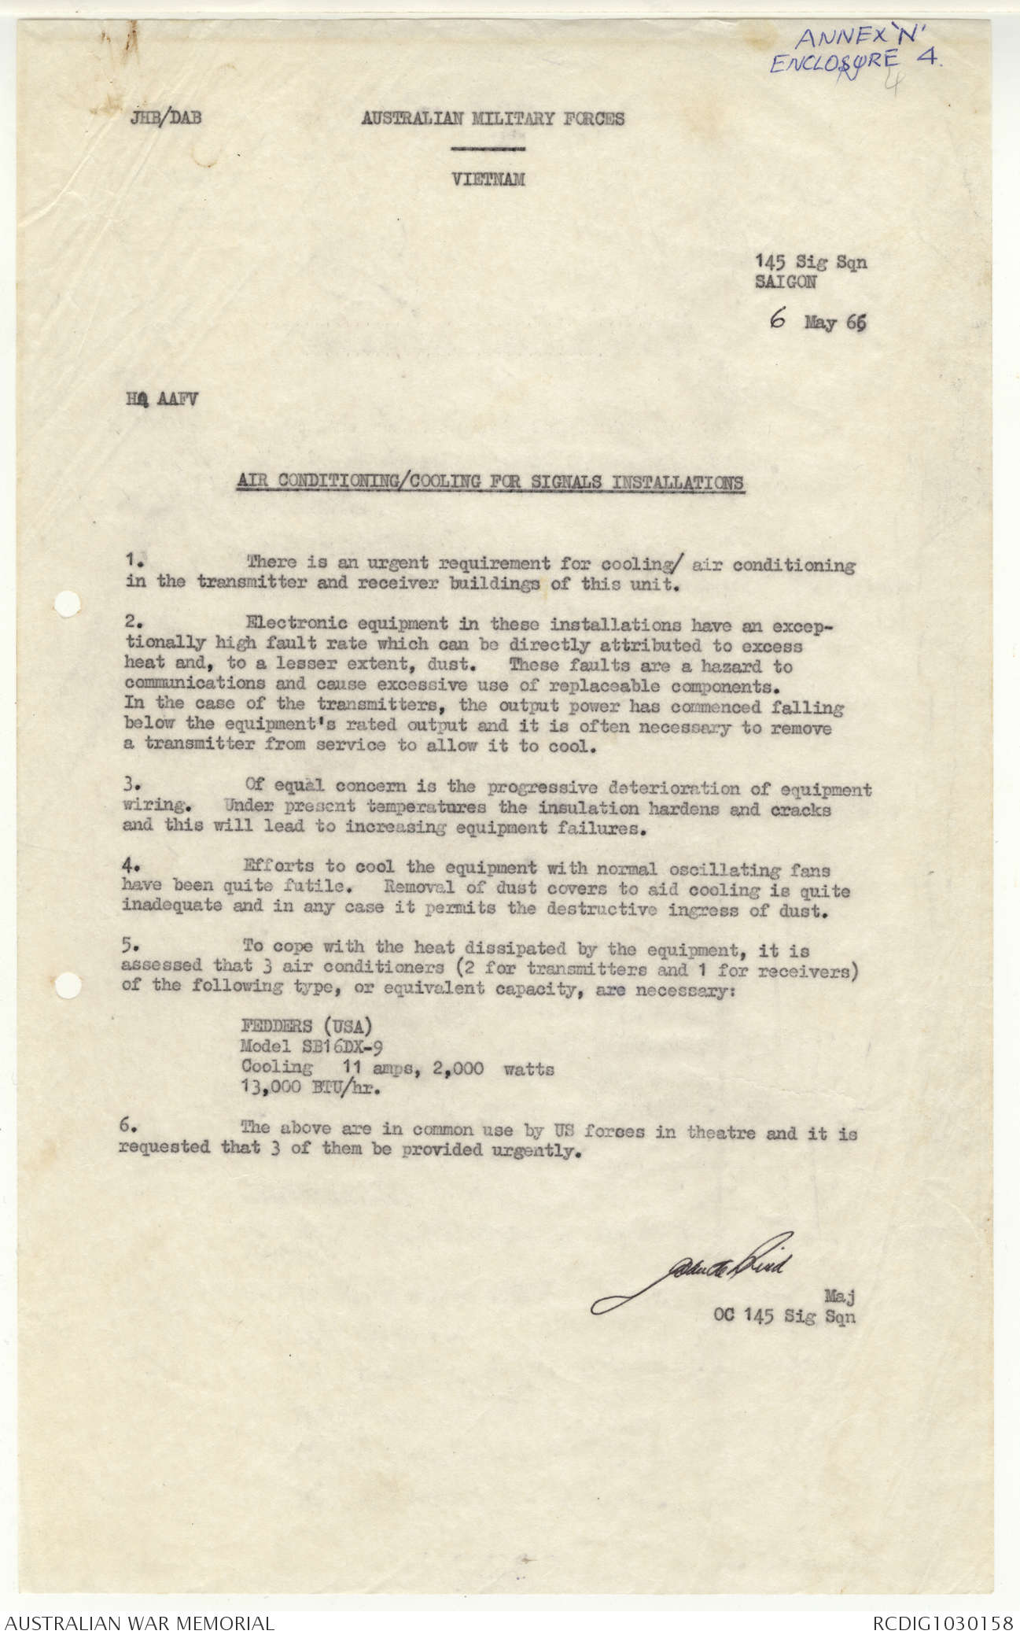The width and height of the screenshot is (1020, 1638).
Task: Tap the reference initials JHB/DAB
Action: click(166, 119)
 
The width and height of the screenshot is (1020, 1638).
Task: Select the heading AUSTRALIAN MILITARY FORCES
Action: click(492, 119)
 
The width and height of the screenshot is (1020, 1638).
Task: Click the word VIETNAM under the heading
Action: click(488, 180)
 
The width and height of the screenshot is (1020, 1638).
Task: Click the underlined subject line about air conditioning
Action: click(490, 482)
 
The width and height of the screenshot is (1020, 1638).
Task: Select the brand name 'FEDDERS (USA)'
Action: click(307, 1027)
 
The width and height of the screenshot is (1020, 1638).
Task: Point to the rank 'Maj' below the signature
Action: click(838, 1294)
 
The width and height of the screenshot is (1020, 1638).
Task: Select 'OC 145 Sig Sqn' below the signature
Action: click(783, 1315)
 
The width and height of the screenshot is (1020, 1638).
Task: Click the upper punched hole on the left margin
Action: click(68, 604)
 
